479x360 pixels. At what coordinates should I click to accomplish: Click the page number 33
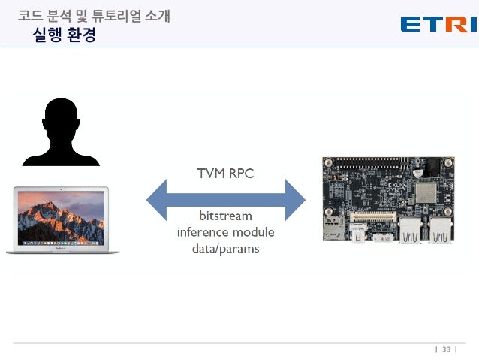446,349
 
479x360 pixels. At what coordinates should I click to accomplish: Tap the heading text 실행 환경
65,35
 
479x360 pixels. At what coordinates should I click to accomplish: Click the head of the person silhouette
61,121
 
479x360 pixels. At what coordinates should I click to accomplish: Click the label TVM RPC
225,174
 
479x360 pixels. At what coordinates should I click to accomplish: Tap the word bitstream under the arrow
225,216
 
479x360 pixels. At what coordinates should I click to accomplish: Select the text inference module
225,231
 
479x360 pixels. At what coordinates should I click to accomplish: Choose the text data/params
225,248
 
